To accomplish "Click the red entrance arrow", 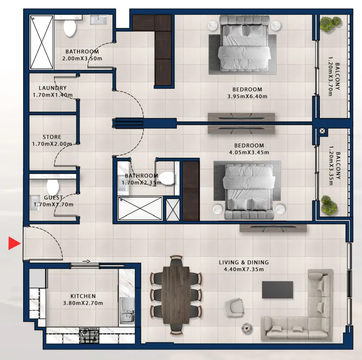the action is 14,243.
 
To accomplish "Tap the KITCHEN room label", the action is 83,296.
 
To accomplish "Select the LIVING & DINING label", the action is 244,262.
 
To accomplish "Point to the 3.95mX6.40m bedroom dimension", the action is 247,96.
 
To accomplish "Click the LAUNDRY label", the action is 53,88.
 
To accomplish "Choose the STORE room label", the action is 52,137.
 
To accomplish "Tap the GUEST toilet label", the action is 53,198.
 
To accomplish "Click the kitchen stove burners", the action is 89,335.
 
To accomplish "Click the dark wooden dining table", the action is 176,295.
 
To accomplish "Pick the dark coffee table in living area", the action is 277,290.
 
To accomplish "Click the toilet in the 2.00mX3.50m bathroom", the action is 70,27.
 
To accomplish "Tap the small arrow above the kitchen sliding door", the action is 87,261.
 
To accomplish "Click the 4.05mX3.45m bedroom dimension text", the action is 249,153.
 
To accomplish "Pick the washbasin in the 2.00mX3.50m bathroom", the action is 98,20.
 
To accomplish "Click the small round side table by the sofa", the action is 247,328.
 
